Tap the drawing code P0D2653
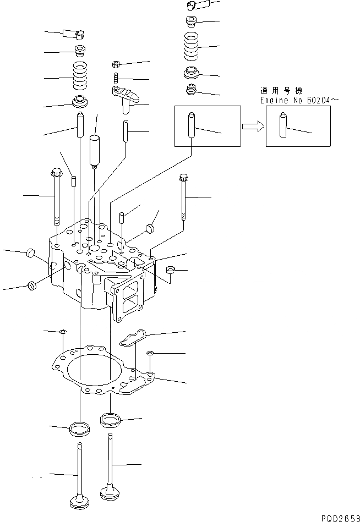pyautogui.click(x=338, y=517)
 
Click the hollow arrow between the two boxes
pyautogui.click(x=252, y=127)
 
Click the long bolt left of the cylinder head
pyautogui.click(x=56, y=196)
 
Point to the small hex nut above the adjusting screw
pyautogui.click(x=117, y=63)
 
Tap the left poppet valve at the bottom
pyautogui.click(x=81, y=479)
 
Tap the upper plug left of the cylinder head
pyautogui.click(x=31, y=253)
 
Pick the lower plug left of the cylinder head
pyautogui.click(x=32, y=285)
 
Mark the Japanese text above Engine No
pyautogui.click(x=281, y=91)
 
